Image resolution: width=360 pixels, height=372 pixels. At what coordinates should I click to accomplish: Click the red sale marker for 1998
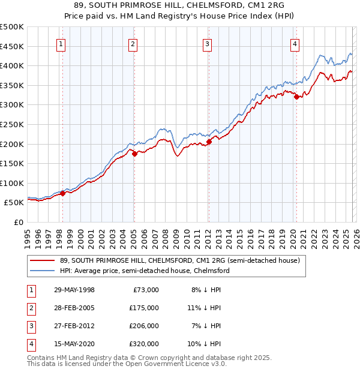point(63,193)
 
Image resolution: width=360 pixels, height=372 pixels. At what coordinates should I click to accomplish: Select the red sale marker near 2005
point(134,154)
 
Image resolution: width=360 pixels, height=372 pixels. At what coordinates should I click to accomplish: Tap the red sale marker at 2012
point(209,141)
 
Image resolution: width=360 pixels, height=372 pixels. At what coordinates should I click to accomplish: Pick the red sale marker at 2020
point(296,97)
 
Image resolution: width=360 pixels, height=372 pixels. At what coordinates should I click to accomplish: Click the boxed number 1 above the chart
point(62,43)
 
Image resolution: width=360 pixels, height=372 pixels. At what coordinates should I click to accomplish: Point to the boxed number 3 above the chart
point(207,43)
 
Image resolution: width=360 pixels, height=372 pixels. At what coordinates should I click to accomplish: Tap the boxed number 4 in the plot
point(295,43)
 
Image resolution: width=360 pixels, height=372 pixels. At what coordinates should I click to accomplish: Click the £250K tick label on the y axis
point(12,124)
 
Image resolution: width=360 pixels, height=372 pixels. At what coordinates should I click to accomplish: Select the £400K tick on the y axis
point(12,65)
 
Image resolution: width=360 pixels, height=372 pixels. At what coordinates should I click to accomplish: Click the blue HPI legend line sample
point(43,271)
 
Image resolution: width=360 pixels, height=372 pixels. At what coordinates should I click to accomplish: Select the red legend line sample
point(43,260)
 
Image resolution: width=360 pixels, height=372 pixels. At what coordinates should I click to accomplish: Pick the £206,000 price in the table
point(144,326)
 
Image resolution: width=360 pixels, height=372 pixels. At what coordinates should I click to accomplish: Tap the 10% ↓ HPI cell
point(205,344)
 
